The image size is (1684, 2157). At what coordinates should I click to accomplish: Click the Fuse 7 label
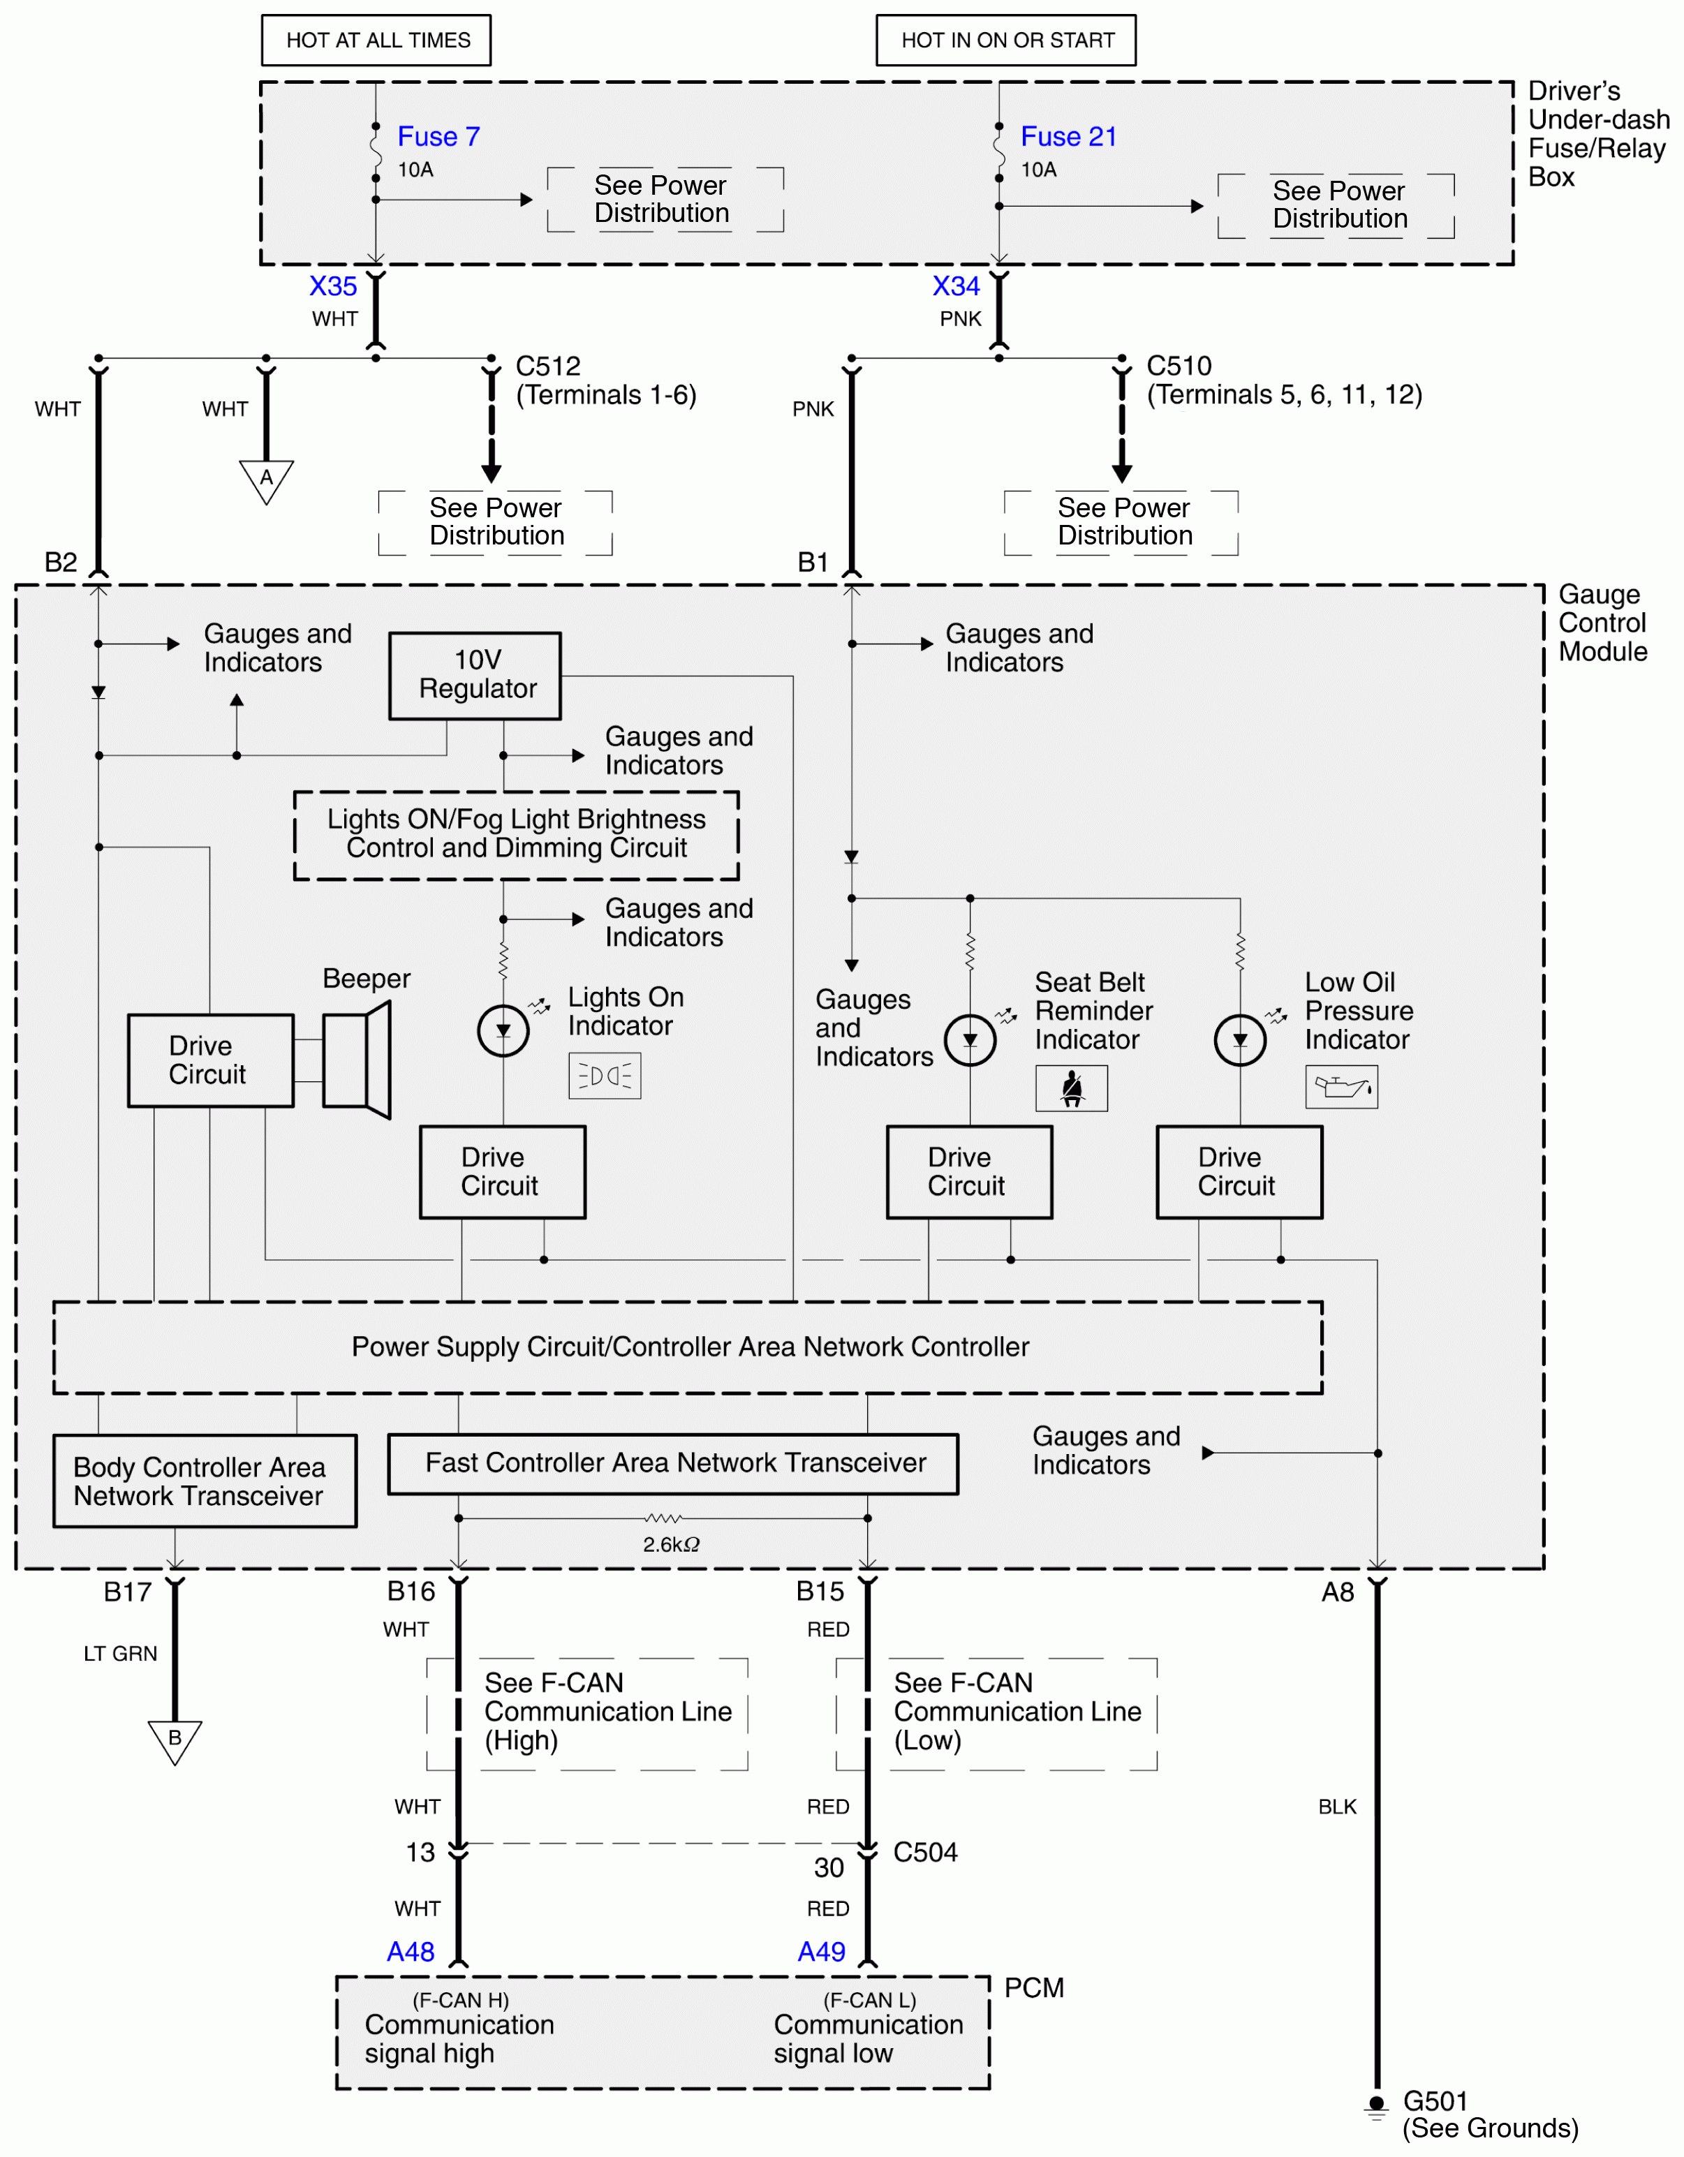438,136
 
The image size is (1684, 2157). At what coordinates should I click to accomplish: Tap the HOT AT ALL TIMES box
376,40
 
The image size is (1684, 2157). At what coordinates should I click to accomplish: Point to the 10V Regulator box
475,676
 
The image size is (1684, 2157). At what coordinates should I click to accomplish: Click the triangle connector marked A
266,480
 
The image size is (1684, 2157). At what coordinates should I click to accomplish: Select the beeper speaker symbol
357,1060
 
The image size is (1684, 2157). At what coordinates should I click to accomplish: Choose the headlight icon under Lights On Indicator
605,1076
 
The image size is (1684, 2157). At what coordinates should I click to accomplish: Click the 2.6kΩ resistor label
671,1545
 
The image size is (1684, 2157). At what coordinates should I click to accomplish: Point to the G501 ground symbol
1377,2107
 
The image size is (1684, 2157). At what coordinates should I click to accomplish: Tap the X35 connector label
333,286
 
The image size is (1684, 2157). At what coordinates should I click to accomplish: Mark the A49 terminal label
822,1952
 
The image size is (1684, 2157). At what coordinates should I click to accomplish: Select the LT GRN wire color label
121,1653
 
